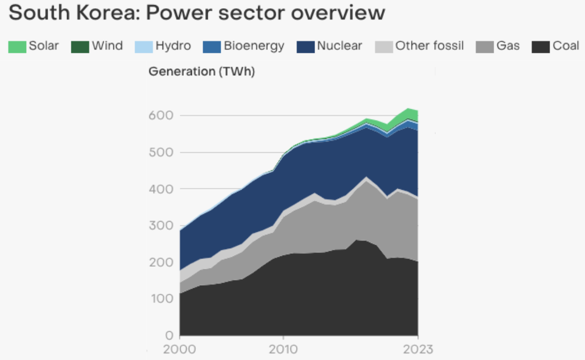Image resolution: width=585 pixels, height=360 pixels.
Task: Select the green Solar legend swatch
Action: (x=17, y=46)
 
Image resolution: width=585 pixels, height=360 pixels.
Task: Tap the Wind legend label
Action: (x=107, y=46)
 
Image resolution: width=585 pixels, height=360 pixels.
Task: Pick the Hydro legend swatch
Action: (x=143, y=46)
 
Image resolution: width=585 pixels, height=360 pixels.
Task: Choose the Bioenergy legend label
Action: (x=254, y=46)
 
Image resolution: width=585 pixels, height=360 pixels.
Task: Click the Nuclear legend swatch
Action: (x=305, y=46)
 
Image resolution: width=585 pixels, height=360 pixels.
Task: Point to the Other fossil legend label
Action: (x=430, y=46)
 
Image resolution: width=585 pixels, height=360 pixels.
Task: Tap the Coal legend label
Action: (x=566, y=46)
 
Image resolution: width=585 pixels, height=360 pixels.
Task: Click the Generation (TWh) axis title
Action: (x=202, y=72)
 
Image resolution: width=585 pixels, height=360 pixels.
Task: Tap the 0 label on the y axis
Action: (x=169, y=335)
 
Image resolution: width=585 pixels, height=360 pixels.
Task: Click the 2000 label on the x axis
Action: (x=180, y=350)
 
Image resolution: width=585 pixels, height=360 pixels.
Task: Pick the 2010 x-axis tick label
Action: (x=283, y=350)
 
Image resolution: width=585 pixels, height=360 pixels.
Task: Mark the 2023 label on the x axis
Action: (x=418, y=350)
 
